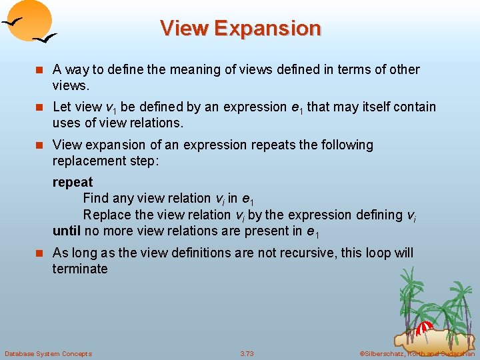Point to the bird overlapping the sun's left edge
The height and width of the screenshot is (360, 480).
click(13, 21)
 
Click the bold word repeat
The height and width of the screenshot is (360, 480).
click(73, 182)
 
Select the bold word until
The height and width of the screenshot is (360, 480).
click(66, 231)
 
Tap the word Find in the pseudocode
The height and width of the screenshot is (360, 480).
click(96, 198)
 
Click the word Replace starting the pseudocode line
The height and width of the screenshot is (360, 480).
click(107, 215)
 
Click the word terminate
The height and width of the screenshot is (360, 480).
click(80, 269)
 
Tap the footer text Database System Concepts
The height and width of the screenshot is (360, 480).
click(48, 353)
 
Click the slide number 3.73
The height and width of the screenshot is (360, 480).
click(247, 353)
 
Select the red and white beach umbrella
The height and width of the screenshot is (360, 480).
click(425, 328)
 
